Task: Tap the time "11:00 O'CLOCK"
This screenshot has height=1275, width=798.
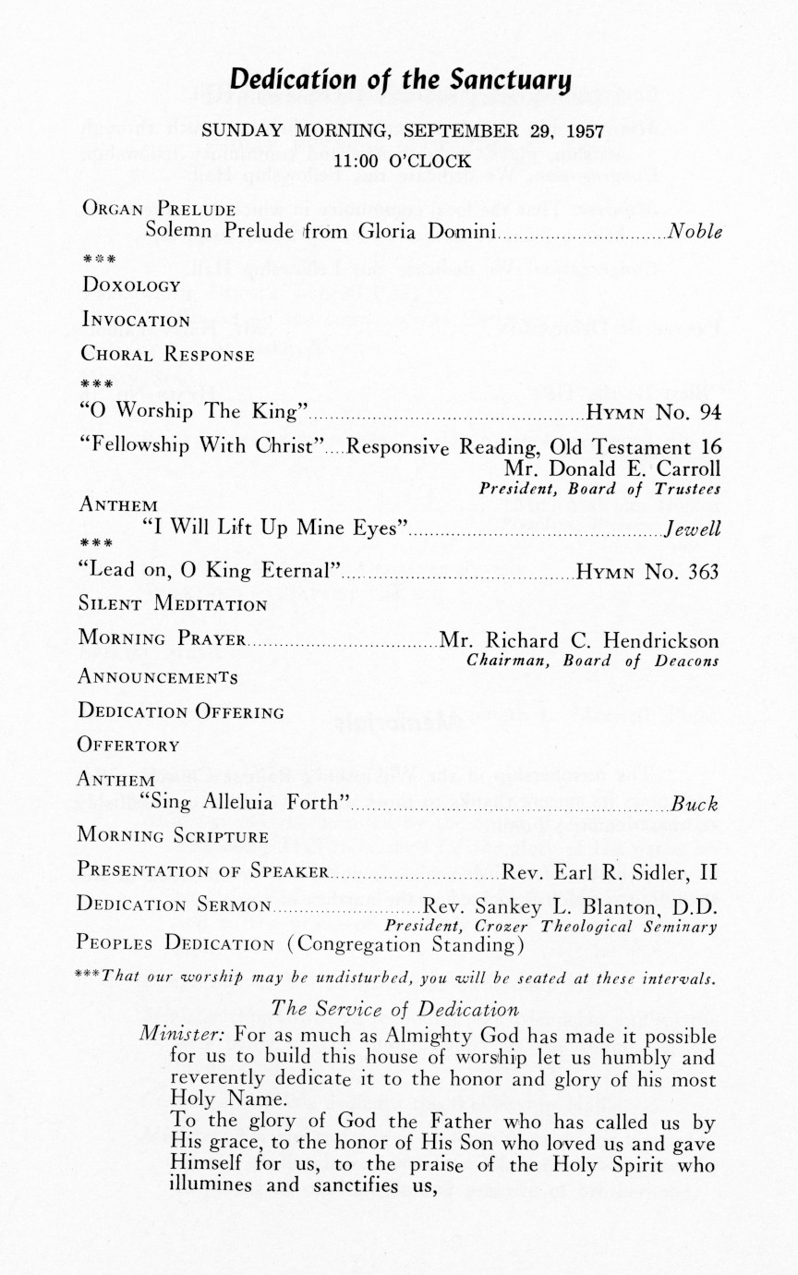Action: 402,160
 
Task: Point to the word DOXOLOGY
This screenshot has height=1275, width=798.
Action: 131,286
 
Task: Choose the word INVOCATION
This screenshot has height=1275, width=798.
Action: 135,322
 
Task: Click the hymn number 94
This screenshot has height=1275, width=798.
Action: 707,411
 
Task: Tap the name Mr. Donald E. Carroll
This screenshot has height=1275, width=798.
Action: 611,469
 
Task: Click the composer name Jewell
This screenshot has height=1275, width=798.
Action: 692,530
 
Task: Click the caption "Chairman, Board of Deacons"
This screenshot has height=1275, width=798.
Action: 593,661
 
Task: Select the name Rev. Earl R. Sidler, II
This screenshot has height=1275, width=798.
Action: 611,871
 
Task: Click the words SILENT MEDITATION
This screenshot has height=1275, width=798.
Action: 173,605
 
